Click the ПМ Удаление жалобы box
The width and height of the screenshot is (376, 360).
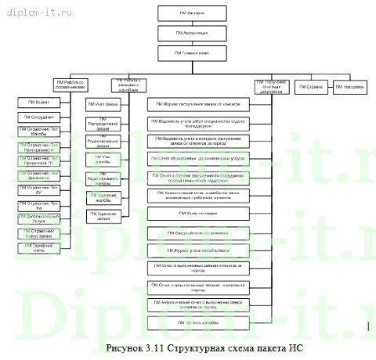[x=103, y=195]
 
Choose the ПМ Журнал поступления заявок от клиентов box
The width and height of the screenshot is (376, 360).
[x=203, y=103]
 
